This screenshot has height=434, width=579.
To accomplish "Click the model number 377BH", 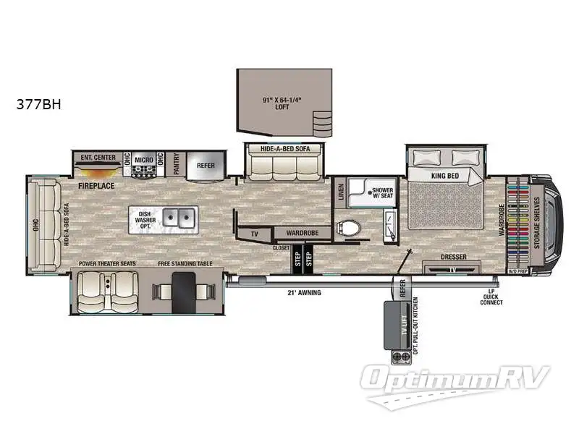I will (39, 103).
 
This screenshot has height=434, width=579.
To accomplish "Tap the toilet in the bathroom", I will (350, 229).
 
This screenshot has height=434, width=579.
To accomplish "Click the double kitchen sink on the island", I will (177, 216).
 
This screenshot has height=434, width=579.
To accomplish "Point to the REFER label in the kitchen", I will (206, 165).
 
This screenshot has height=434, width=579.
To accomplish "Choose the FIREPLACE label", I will (97, 186).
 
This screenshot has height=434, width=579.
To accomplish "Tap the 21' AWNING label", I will (304, 292).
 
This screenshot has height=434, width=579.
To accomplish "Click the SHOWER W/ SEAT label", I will (382, 192).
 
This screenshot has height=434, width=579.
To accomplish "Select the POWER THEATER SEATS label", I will (107, 264).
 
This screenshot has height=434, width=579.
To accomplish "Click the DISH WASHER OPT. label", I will (143, 219).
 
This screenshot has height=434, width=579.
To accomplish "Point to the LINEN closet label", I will (340, 192).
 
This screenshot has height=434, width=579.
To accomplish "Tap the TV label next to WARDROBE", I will (254, 234).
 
